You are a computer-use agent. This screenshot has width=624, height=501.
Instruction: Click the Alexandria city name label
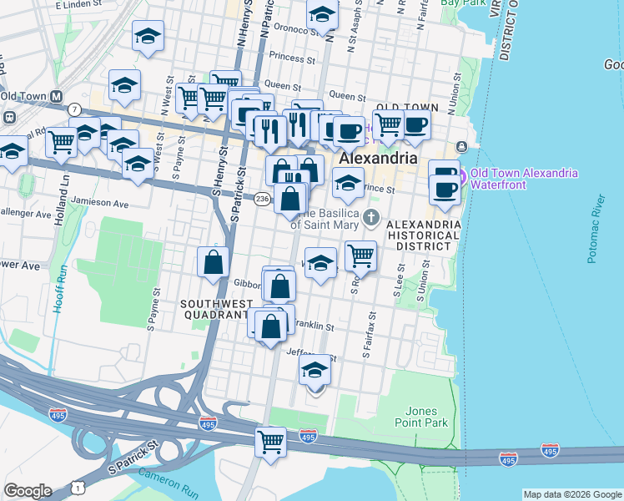(x=377, y=158)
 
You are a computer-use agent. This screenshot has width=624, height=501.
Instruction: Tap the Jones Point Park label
(x=425, y=417)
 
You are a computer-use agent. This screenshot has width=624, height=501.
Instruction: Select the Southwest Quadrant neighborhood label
(x=212, y=310)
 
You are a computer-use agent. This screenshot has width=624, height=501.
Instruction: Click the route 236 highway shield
(x=261, y=199)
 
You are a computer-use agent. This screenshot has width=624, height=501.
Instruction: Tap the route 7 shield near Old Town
(x=74, y=109)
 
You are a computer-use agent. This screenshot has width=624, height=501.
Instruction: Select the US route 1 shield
(x=78, y=485)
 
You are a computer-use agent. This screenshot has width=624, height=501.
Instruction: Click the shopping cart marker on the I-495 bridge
(x=270, y=441)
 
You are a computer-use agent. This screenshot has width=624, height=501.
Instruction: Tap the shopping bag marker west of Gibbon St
(x=214, y=261)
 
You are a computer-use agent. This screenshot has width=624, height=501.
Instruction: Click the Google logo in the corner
(x=27, y=491)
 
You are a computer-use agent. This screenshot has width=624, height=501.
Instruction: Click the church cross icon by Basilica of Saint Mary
(x=372, y=219)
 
